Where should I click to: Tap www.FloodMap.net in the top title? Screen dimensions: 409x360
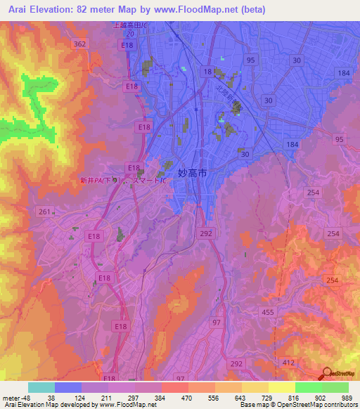pyautogui.click(x=200, y=9)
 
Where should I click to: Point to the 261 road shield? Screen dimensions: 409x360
pyautogui.click(x=44, y=212)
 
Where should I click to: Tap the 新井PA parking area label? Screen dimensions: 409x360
pyautogui.click(x=102, y=181)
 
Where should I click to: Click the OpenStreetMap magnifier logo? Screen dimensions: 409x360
pyautogui.click(x=327, y=374)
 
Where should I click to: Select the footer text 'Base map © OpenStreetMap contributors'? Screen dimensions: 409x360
pyautogui.click(x=297, y=405)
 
